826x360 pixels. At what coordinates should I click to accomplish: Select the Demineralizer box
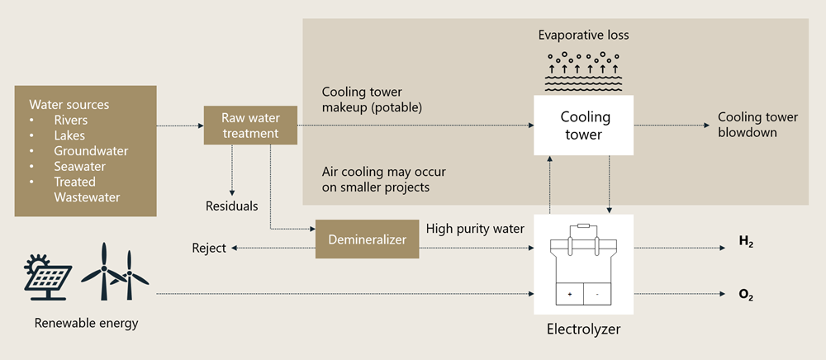pyautogui.click(x=367, y=239)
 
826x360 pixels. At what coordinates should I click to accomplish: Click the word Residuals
pyautogui.click(x=231, y=206)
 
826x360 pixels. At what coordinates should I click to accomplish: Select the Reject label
pyautogui.click(x=208, y=248)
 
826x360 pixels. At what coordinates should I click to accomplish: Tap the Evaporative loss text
pyautogui.click(x=583, y=36)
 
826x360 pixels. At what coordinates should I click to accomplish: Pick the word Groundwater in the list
pyautogui.click(x=91, y=151)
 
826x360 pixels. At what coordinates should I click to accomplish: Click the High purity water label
pyautogui.click(x=475, y=228)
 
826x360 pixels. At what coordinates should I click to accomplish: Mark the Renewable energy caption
pyautogui.click(x=86, y=323)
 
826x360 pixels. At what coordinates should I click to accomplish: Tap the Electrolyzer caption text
pyautogui.click(x=583, y=329)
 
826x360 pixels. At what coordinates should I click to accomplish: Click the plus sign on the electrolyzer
pyautogui.click(x=569, y=294)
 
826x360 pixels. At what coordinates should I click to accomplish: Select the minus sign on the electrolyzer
pyautogui.click(x=598, y=294)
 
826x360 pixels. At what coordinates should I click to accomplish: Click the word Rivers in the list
pyautogui.click(x=72, y=121)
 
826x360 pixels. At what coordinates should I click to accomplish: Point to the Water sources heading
pyautogui.click(x=69, y=105)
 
